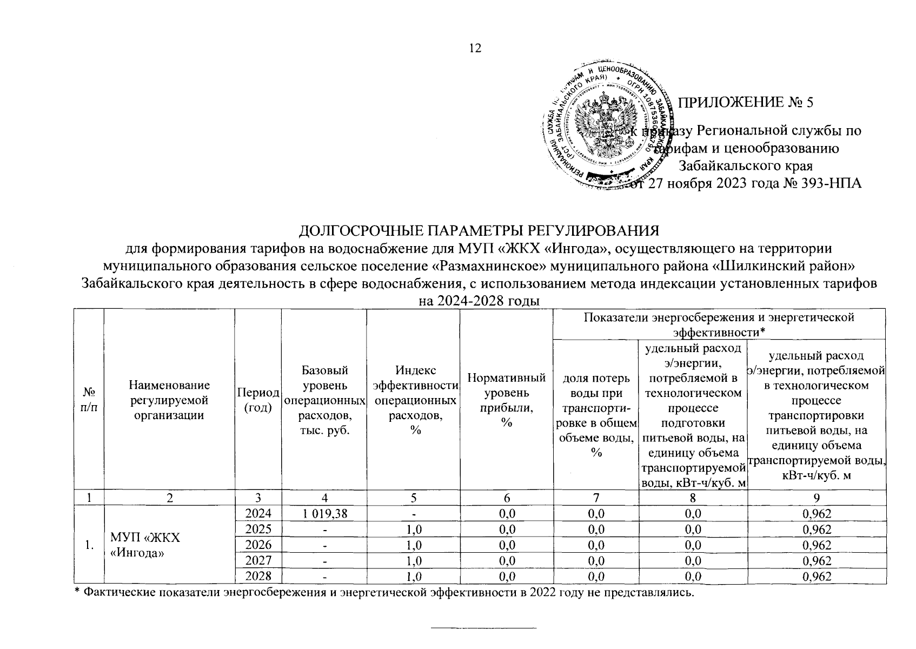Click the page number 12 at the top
[x=474, y=48]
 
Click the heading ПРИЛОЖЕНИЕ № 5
[x=746, y=103]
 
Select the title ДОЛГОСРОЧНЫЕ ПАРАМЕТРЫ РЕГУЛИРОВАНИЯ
[x=479, y=231]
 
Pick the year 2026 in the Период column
[x=258, y=545]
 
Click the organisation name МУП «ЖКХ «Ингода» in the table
[x=145, y=545]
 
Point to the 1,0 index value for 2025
[x=413, y=529]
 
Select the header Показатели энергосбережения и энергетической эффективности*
[x=719, y=324]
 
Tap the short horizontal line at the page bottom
[x=482, y=628]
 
